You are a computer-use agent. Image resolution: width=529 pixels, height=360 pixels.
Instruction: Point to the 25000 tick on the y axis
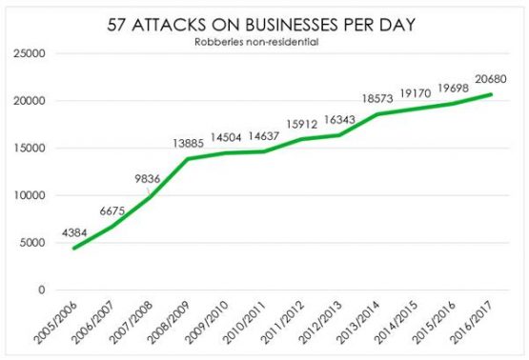tap(30, 53)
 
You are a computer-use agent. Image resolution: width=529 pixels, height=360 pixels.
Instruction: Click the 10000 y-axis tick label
tap(30, 195)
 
